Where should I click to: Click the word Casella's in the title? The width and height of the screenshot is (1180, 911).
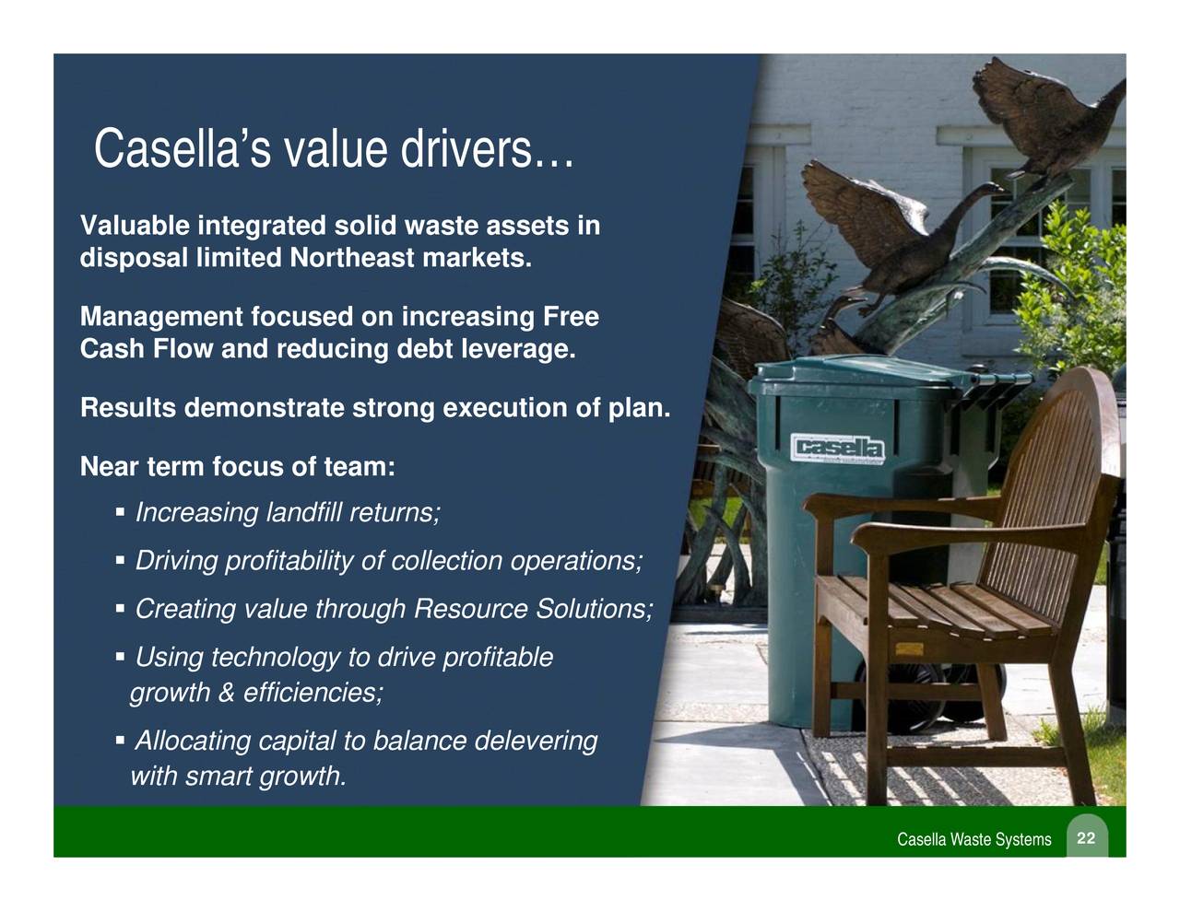(x=182, y=149)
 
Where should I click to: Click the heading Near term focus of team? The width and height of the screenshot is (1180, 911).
(x=238, y=467)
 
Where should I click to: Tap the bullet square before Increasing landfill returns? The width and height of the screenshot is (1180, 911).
(x=121, y=510)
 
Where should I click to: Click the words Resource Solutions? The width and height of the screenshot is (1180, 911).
(x=532, y=610)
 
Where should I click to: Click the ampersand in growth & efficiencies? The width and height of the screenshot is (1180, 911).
(x=226, y=693)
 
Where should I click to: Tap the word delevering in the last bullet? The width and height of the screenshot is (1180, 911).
(x=536, y=742)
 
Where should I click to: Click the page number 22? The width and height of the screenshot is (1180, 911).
(x=1086, y=838)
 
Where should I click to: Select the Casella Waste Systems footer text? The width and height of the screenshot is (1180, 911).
(x=973, y=840)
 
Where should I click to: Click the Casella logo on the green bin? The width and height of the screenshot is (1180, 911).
(x=838, y=449)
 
